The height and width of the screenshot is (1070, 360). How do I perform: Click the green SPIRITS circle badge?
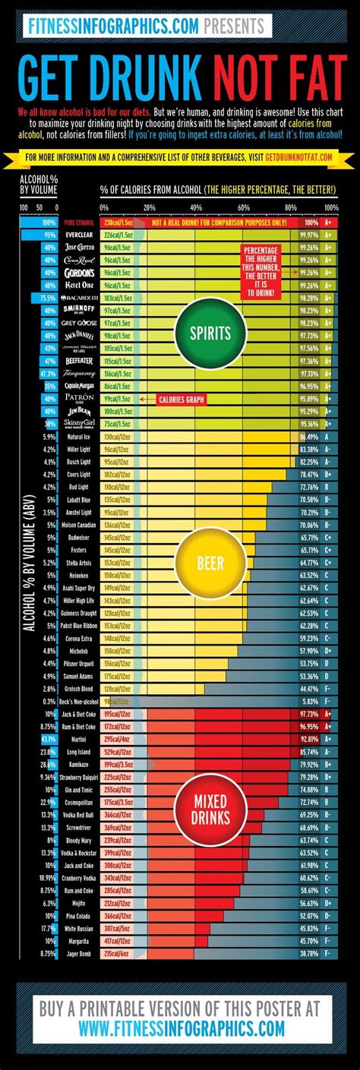[x=201, y=332]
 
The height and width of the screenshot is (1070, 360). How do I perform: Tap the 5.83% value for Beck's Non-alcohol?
[x=310, y=701]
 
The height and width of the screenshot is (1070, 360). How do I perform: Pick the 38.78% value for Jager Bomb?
[x=310, y=952]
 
